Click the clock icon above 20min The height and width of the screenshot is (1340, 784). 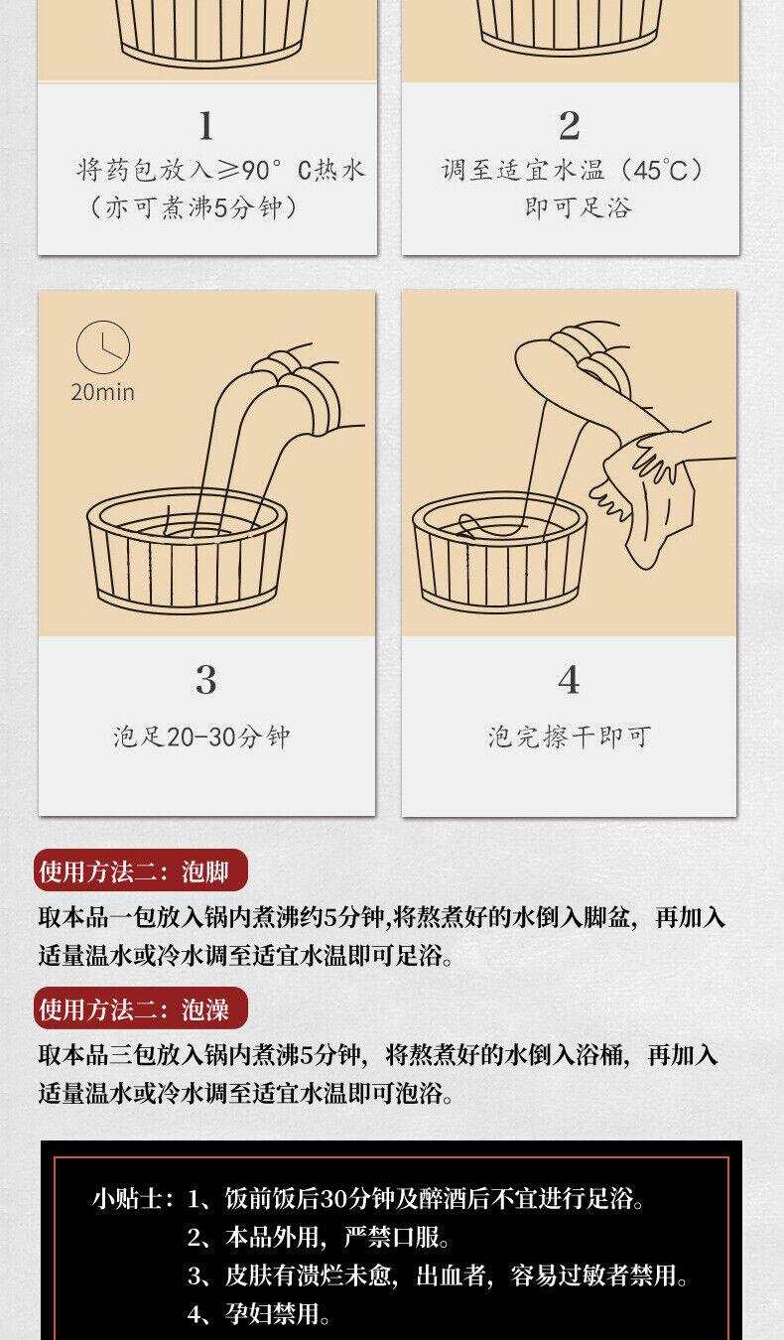pos(103,347)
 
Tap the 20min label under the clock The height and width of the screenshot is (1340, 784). pos(103,392)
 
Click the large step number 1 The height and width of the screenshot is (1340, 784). pos(206,126)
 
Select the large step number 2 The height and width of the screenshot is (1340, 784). pos(570,126)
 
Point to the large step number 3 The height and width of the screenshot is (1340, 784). pos(206,680)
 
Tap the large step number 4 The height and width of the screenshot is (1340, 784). pos(569,680)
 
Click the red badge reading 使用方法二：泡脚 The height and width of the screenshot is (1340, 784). pos(141,871)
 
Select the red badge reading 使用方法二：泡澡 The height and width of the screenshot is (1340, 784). pos(141,1008)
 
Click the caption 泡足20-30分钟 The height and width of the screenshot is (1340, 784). pos(201,737)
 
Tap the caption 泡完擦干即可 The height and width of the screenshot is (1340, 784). pos(570,737)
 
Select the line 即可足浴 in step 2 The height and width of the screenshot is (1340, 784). pos(579,207)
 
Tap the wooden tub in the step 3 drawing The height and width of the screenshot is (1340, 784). pos(187,550)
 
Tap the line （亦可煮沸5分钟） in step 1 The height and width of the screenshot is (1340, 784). pos(195,207)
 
